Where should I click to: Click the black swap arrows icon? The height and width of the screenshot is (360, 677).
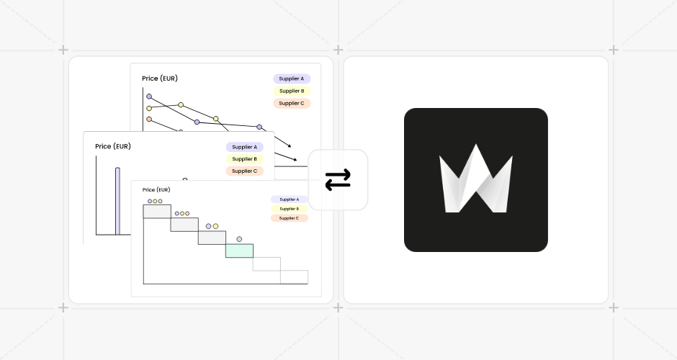coord(338,180)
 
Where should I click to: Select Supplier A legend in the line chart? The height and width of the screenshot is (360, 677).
coord(291,78)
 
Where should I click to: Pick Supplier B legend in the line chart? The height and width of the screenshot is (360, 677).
coord(291,91)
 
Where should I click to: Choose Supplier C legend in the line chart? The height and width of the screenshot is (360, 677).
coord(291,103)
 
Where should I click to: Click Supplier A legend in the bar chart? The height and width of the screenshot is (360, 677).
coord(244,147)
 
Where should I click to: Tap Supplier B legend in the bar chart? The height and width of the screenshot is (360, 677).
coord(244,159)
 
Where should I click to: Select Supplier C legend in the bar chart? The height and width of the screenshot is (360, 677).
coord(244,171)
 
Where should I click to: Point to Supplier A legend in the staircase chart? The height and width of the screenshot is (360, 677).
coord(289,199)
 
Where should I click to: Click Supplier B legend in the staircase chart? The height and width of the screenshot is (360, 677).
coord(289,209)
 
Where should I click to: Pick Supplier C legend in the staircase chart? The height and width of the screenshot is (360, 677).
coord(289,218)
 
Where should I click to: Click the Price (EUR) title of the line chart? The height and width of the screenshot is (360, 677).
coord(160,78)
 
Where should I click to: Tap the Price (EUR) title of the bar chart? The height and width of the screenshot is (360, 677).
coord(113,146)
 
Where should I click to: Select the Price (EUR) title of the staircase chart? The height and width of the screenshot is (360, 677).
coord(156,190)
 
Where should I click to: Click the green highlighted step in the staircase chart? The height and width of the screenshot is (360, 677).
coord(239,251)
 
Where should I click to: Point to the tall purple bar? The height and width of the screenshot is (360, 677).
coord(117,201)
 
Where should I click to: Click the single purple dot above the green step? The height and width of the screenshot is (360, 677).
coord(239,239)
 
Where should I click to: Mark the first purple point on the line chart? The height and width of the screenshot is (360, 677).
coord(149,96)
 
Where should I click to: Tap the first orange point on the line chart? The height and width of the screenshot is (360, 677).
coord(149,120)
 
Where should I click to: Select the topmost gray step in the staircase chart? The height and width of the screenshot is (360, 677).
coord(157,211)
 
